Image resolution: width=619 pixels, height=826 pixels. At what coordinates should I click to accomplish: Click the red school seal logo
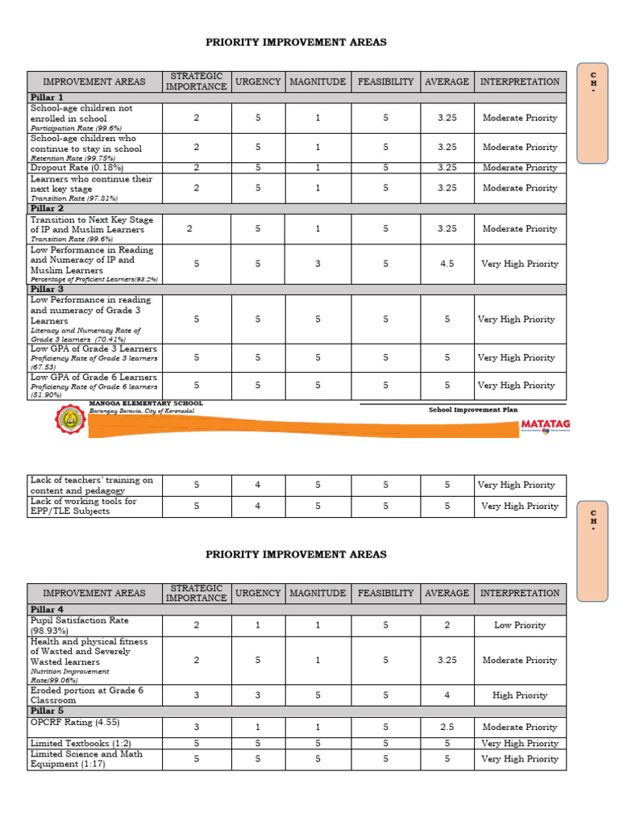[x=70, y=420]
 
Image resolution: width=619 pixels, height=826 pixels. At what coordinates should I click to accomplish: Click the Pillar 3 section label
[x=47, y=289]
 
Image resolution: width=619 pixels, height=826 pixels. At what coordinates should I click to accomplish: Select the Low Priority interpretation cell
[x=520, y=625]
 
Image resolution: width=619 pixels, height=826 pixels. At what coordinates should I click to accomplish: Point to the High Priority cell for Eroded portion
[x=520, y=695]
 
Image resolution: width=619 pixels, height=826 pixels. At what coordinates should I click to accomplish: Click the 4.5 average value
[x=447, y=264]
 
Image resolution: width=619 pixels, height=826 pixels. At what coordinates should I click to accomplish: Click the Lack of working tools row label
[x=84, y=506]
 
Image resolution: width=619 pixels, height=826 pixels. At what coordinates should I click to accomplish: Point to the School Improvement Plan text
[x=473, y=410]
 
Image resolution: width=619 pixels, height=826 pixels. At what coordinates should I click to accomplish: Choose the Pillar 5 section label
[x=47, y=711]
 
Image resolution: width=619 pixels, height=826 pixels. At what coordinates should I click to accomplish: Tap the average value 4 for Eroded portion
[x=447, y=695]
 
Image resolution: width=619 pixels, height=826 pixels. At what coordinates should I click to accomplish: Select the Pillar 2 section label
[x=47, y=208]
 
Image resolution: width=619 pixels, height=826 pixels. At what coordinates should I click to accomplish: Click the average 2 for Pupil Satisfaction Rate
[x=447, y=625]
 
